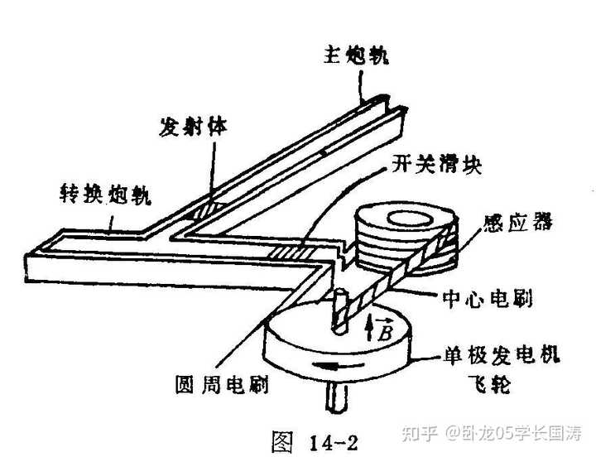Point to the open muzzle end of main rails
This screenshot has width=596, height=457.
[x=389, y=103]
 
